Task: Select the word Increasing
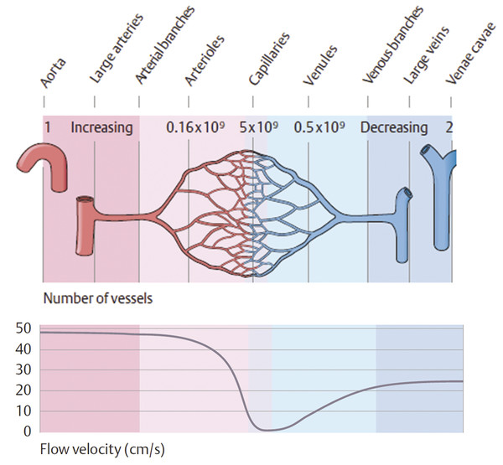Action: pos(101,128)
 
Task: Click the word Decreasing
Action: pos(393,128)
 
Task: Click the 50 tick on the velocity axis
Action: pos(24,328)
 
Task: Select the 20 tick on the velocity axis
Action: pos(24,390)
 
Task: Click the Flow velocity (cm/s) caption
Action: pos(90,449)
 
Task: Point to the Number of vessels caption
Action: pos(91,296)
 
